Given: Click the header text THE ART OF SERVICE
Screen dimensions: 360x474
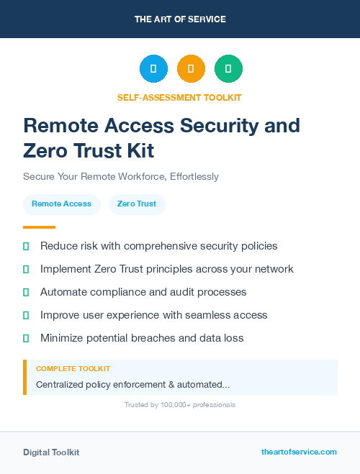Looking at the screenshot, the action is [x=180, y=19].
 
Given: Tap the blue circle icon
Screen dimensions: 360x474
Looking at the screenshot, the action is [x=153, y=69].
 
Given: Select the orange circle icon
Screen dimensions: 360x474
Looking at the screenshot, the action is [x=191, y=69].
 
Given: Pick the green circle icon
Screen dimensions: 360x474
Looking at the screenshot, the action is [x=228, y=69].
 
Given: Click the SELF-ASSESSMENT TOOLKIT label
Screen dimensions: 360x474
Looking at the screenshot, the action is [x=179, y=97].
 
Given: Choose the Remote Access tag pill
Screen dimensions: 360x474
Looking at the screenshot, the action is [x=61, y=204].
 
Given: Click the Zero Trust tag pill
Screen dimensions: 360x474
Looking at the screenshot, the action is [x=137, y=204].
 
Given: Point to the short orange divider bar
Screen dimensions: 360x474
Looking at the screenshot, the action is [x=39, y=227].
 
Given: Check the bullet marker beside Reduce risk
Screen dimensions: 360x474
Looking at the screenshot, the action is [x=26, y=246].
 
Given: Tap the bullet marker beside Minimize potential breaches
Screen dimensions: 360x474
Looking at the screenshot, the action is [x=26, y=338].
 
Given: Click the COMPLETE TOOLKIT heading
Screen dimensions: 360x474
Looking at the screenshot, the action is [x=73, y=368].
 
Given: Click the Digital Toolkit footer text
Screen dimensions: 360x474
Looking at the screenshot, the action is [x=51, y=452].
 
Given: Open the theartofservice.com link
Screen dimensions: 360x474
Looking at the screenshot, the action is [x=299, y=452].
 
